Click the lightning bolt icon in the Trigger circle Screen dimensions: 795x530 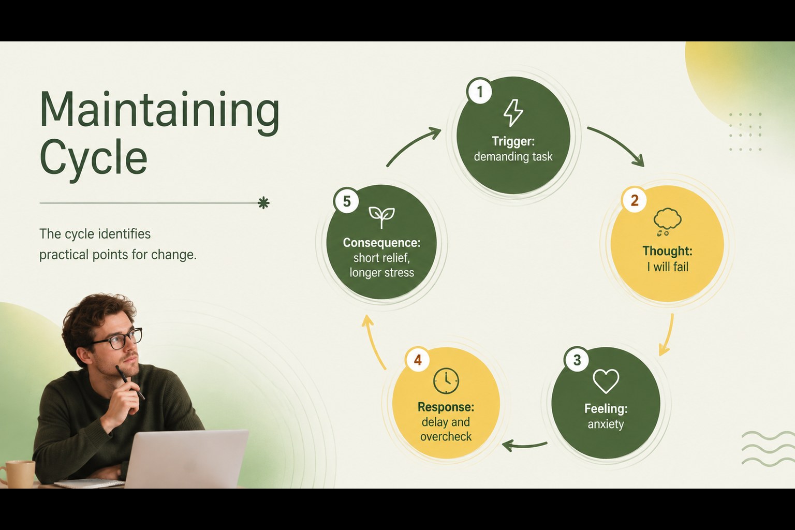[513, 113]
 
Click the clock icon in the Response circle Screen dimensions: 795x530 [446, 381]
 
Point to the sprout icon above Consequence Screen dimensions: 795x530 [381, 217]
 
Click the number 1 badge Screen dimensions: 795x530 [480, 91]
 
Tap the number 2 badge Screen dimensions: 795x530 [635, 200]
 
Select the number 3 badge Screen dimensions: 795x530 [577, 360]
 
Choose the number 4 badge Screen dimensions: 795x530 [418, 360]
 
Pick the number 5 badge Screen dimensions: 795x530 [347, 201]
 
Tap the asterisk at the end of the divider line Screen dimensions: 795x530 [263, 203]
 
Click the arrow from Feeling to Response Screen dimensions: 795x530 [524, 446]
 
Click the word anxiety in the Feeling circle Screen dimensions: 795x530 [606, 424]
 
